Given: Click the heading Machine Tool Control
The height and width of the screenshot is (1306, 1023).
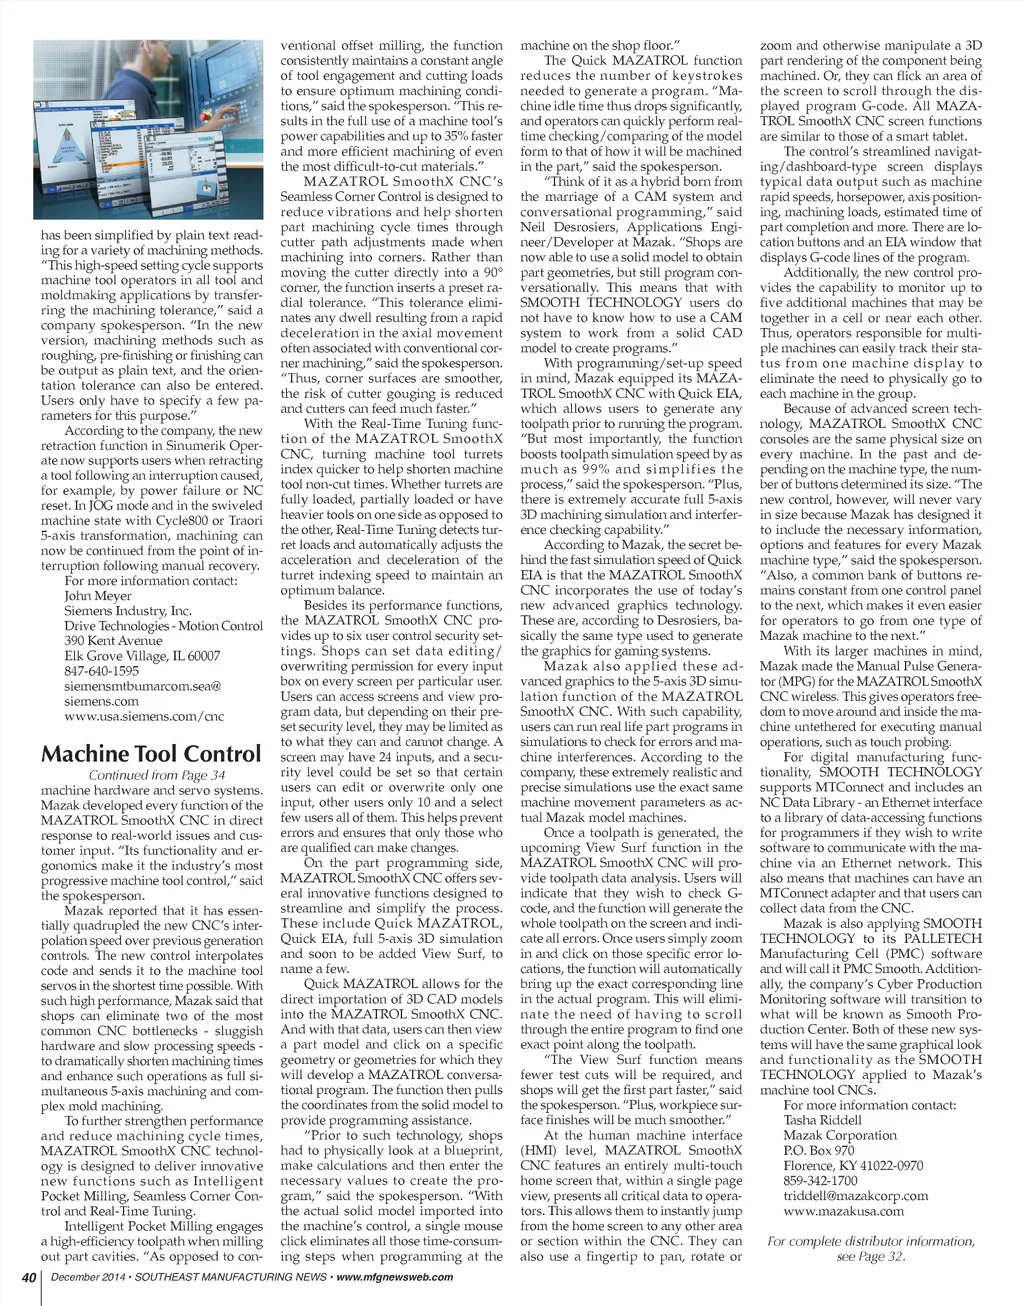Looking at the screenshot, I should pos(151,754).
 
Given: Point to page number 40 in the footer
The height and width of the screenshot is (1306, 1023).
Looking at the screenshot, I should pos(30,1277).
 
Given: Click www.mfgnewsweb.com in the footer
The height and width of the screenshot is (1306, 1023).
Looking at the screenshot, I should pos(395,1277).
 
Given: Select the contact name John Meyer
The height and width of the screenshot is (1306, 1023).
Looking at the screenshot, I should pos(98,596).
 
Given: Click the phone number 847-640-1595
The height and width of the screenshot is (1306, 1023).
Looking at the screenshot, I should pos(102,671).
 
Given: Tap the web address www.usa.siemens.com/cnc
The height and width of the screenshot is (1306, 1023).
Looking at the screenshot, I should pos(144,716).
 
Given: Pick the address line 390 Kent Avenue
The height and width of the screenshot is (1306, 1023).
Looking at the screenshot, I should pos(113,641).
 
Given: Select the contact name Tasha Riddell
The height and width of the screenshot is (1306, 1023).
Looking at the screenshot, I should pos(822,1120).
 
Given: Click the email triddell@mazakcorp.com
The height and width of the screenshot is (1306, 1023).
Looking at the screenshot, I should pos(856,1195).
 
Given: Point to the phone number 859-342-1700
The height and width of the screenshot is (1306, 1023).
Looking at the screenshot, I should pos(821,1180).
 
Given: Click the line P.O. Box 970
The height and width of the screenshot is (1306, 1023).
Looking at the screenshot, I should pos(819,1150).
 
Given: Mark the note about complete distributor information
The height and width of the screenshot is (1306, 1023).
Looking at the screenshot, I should pos(870,1249).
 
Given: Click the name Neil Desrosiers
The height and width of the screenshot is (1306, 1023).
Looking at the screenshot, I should pos(565,227).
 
